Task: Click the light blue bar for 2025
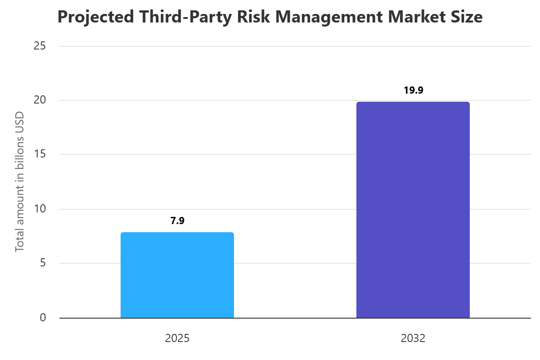pos(177,275)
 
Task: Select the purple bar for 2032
pos(413,210)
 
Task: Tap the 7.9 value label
pos(177,220)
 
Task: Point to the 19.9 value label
pos(413,90)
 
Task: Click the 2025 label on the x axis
pos(177,338)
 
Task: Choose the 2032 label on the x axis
pos(413,338)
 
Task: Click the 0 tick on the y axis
pos(43,318)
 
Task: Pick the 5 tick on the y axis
pos(43,263)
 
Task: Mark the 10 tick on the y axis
pos(40,209)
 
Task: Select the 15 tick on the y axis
pos(40,154)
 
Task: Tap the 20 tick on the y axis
pos(40,100)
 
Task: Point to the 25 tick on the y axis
pos(40,46)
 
